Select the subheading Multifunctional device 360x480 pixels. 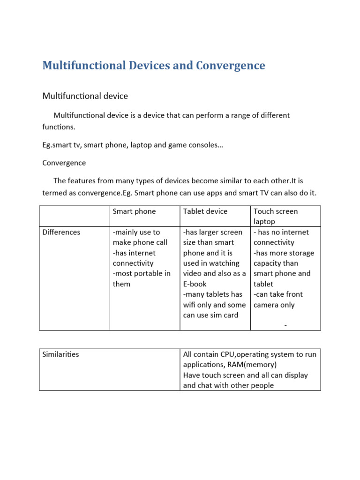point(85,96)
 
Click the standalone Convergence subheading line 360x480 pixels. point(64,163)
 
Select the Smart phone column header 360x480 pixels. point(135,211)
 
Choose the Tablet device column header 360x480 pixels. point(205,211)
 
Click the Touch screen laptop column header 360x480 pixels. point(276,216)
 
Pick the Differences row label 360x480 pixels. point(61,232)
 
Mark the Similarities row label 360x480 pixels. point(61,354)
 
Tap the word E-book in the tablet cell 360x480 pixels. point(195,284)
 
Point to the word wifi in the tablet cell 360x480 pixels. point(191,305)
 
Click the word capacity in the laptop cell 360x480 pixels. point(269,263)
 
